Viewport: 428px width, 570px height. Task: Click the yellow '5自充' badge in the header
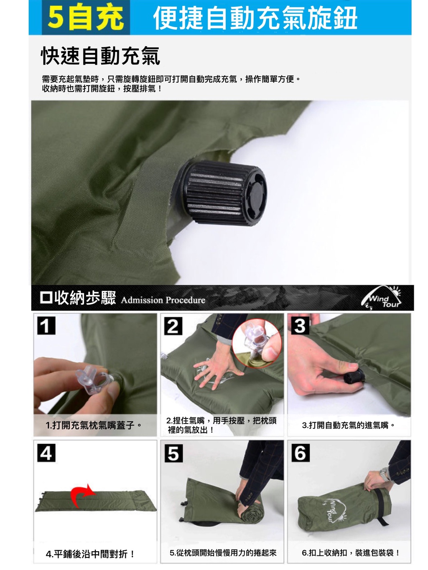click(x=86, y=18)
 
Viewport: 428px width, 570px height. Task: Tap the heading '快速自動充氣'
click(x=100, y=56)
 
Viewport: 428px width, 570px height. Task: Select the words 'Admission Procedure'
click(x=163, y=300)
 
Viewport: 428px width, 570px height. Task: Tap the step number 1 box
click(x=46, y=325)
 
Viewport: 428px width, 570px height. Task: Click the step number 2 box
click(x=173, y=326)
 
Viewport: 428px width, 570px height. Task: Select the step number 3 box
click(x=300, y=325)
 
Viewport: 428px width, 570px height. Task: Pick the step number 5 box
click(x=173, y=453)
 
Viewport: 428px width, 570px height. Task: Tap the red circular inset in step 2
click(x=257, y=344)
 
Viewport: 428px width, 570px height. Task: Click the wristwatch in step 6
click(x=384, y=474)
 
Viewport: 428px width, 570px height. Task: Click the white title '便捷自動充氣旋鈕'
click(x=255, y=18)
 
